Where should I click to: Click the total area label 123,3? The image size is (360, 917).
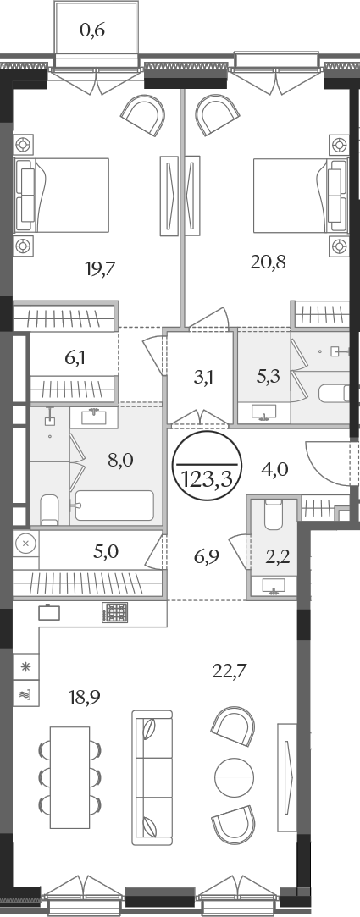(208, 479)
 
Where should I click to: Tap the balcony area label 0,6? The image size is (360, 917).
(91, 30)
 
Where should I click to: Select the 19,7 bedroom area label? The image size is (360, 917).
(102, 268)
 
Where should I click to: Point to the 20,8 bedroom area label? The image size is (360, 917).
(268, 262)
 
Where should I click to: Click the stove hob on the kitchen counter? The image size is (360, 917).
(114, 612)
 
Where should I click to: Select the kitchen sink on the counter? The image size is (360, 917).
(49, 612)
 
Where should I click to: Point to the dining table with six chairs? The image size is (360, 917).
(69, 777)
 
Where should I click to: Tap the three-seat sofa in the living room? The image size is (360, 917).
(152, 777)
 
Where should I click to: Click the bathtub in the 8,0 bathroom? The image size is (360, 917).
(114, 505)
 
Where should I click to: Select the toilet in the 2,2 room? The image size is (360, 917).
(274, 513)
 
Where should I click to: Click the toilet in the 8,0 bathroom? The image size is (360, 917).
(50, 510)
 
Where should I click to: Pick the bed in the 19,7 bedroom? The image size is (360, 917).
(62, 196)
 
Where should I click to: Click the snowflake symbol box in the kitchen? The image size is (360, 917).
(25, 667)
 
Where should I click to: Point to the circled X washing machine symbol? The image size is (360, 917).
(25, 544)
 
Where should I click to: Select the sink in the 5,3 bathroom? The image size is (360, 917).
(264, 412)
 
